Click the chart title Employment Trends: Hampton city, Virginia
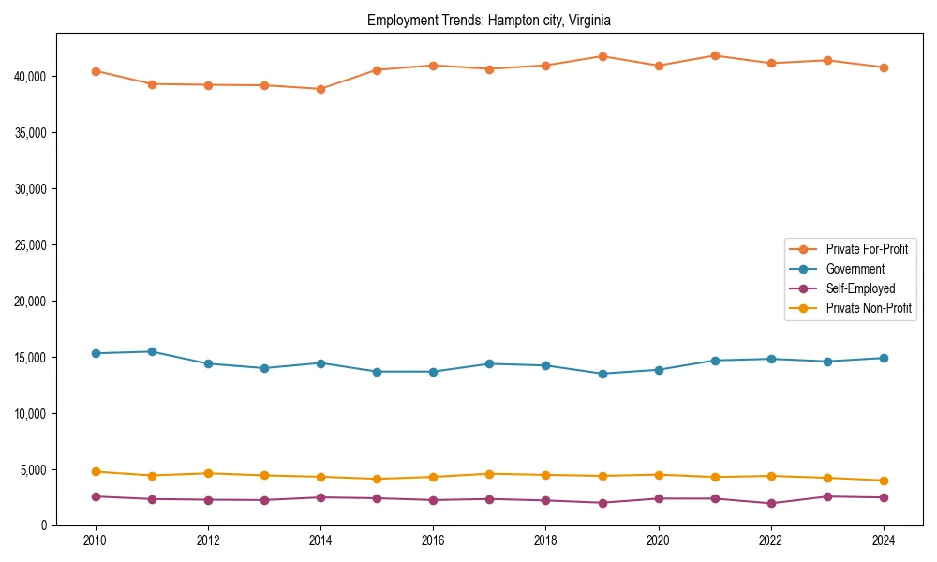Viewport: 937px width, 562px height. [x=489, y=20]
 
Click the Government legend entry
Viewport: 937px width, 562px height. [x=855, y=269]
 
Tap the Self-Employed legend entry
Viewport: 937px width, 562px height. [x=860, y=288]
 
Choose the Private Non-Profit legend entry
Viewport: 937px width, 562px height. [x=869, y=308]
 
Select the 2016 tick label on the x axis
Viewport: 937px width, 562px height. [x=433, y=540]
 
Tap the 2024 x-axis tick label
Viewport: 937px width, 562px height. [x=883, y=540]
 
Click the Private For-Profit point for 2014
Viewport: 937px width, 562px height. [x=320, y=89]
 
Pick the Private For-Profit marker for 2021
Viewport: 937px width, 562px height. [x=715, y=55]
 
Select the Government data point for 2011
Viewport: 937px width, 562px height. [x=152, y=351]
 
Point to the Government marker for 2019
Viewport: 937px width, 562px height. [x=602, y=374]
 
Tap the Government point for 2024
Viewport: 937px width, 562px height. [x=884, y=358]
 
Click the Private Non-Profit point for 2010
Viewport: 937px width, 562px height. [x=96, y=471]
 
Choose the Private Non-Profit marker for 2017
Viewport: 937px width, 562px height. [x=489, y=474]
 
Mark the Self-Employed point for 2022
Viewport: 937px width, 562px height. [x=771, y=503]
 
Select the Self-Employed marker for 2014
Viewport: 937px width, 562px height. [x=320, y=497]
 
